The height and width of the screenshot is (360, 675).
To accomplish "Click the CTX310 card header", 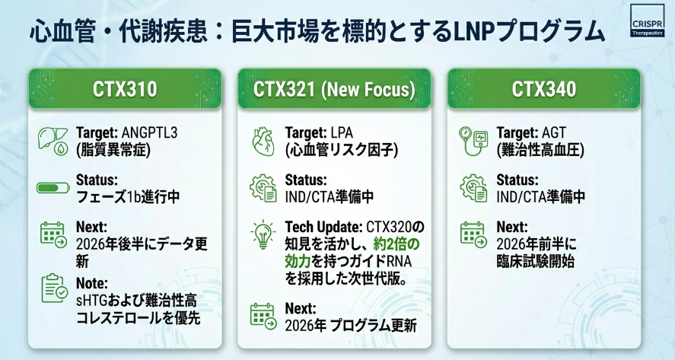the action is click(x=125, y=89).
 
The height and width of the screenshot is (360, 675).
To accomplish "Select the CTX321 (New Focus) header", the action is click(x=335, y=89).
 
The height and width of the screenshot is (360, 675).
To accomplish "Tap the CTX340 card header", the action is click(x=544, y=89).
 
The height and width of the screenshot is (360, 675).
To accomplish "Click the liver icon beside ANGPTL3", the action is click(x=53, y=140).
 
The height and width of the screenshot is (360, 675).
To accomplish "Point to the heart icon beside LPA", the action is click(x=263, y=142).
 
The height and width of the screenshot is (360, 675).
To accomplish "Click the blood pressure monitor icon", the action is click(x=473, y=141).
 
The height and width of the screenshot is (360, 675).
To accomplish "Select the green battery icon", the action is click(x=53, y=188).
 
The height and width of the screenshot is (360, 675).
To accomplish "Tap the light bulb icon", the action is click(x=263, y=234).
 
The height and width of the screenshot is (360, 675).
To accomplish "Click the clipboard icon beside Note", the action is click(x=54, y=288).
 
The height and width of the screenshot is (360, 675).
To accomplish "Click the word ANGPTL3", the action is click(x=149, y=132).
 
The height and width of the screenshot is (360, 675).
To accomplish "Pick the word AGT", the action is click(x=554, y=132).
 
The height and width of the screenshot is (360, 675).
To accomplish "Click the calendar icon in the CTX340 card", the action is click(x=473, y=234).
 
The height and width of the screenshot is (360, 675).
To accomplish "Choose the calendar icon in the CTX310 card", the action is click(x=54, y=234).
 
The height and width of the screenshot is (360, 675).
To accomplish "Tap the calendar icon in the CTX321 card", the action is click(x=263, y=316).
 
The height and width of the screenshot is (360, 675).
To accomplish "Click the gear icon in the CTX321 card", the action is click(x=263, y=188).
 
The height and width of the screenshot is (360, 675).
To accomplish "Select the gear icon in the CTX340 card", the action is click(x=473, y=188).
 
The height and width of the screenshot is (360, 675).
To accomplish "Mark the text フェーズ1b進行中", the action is click(x=128, y=197).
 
